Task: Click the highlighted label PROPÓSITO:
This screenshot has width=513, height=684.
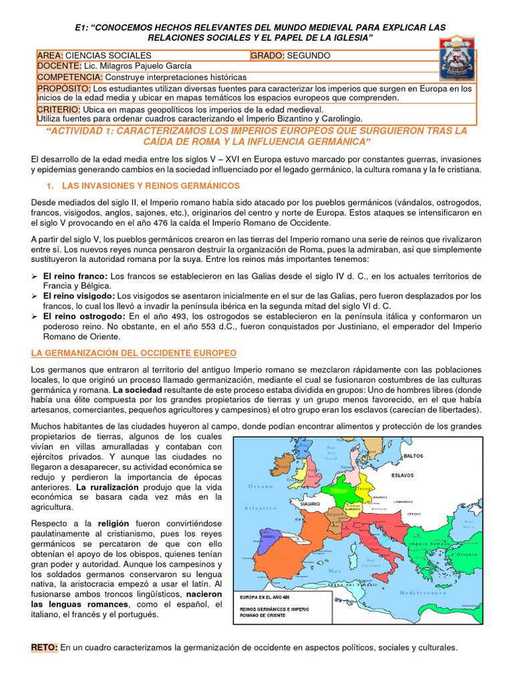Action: (x=64, y=88)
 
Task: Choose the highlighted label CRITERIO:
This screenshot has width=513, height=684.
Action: (x=59, y=109)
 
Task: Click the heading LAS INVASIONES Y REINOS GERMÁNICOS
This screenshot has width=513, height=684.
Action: (x=150, y=185)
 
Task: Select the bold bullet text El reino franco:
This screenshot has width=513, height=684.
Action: (x=75, y=276)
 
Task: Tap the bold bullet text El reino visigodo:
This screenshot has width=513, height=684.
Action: (x=79, y=295)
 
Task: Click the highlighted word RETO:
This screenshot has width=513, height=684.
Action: (x=45, y=647)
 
